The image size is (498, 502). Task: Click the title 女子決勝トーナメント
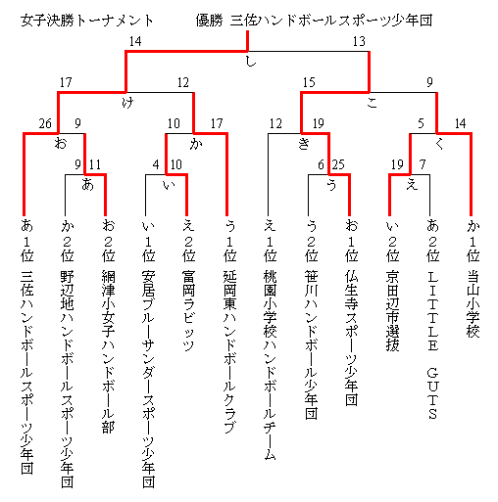[x=87, y=21]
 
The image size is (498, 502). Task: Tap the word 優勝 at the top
[x=209, y=21]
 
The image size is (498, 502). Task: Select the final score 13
[x=359, y=41]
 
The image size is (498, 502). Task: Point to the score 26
[x=45, y=123]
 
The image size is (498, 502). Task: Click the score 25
[x=338, y=164]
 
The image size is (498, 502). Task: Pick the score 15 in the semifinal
[x=309, y=82]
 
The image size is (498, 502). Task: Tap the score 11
[x=95, y=164]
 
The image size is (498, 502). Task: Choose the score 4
[x=156, y=164]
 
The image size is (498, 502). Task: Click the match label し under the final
[x=251, y=62]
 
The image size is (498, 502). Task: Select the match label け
[x=127, y=103]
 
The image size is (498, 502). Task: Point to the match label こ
[x=373, y=103]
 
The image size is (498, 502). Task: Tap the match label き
[x=304, y=144]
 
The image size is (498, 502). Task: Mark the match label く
[x=439, y=144]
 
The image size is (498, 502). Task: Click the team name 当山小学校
[x=473, y=304]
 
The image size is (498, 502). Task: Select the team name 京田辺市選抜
[x=392, y=311]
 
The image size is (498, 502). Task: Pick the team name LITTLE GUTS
[x=432, y=344]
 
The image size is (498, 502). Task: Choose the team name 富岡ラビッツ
[x=188, y=311]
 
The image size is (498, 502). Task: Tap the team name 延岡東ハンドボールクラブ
[x=229, y=351]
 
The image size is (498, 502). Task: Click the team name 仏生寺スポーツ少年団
[x=352, y=339]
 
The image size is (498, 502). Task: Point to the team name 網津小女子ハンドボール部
[x=108, y=351]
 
